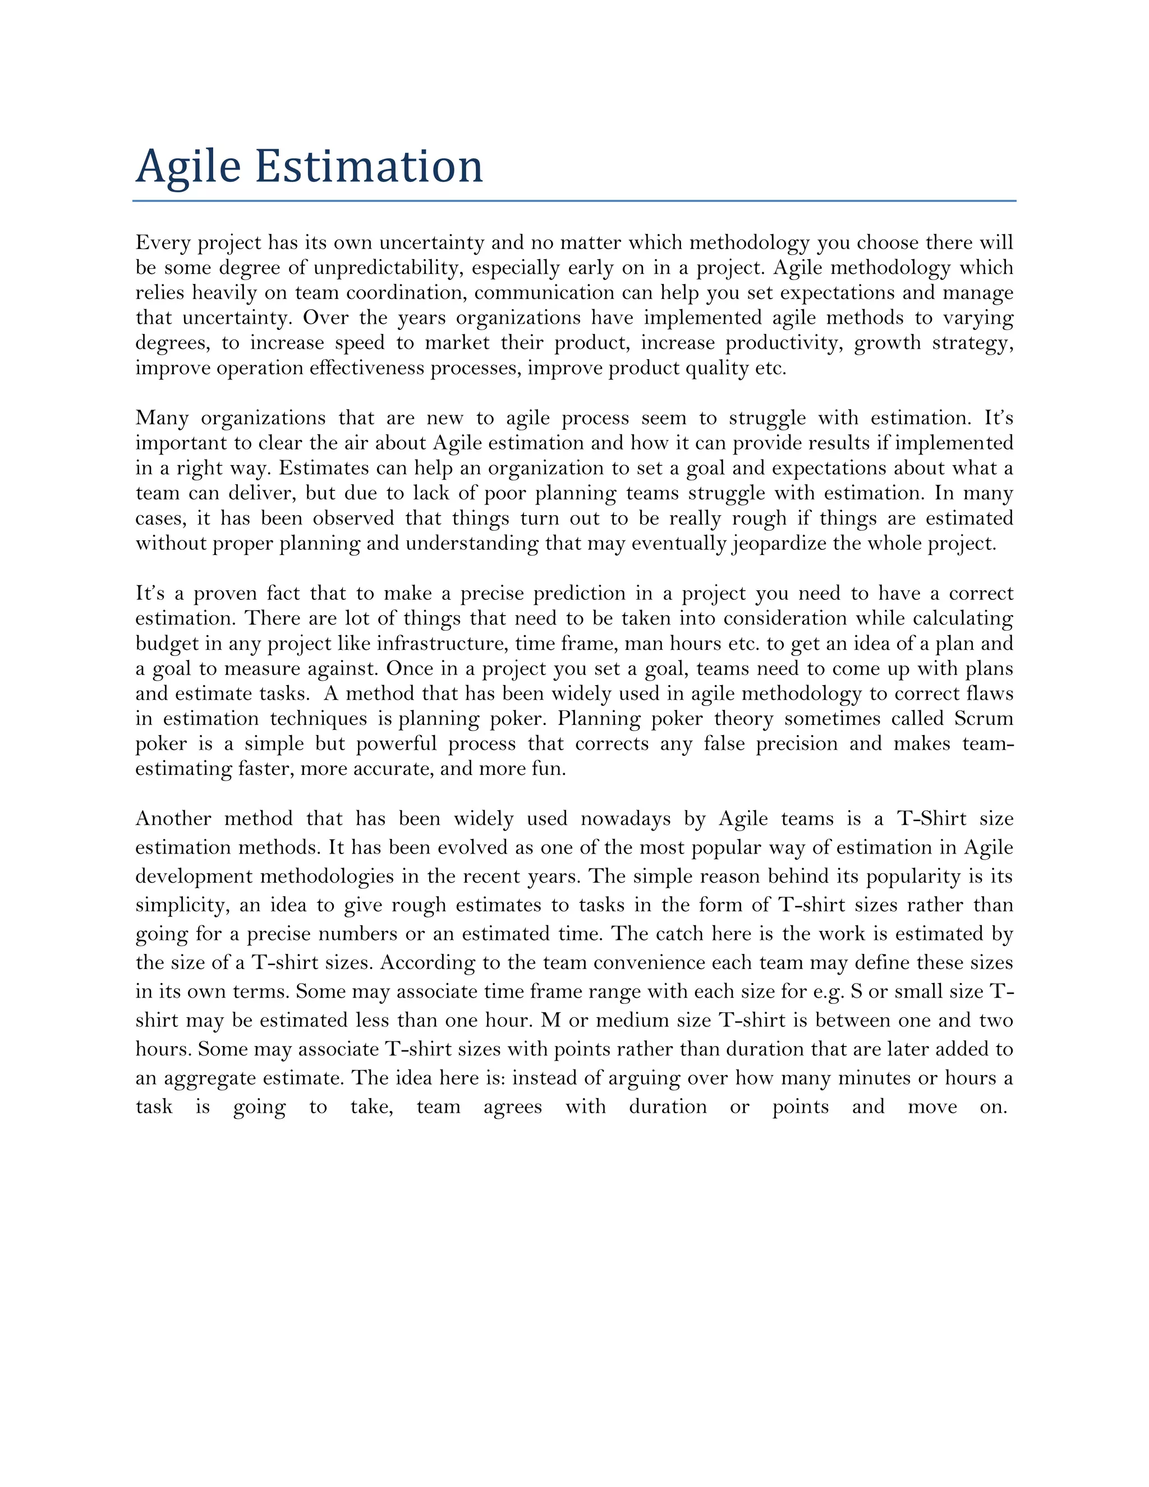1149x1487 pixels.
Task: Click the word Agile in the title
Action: click(x=188, y=167)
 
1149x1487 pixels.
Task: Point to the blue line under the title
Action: click(x=574, y=201)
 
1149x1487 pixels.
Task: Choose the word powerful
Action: click(x=396, y=744)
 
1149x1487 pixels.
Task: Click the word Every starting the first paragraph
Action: click(x=162, y=243)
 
